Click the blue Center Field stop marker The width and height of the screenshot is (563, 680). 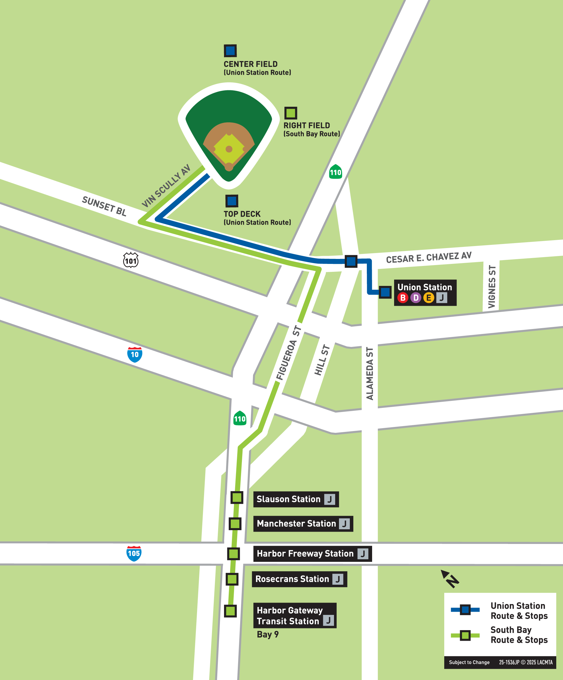pos(230,51)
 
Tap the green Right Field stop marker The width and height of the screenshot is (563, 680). pos(291,113)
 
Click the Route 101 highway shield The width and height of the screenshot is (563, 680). pos(131,260)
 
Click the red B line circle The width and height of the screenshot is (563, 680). pos(403,298)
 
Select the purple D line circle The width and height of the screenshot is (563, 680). pos(416,298)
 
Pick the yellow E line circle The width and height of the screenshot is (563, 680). pos(429,298)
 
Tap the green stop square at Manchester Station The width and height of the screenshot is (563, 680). pos(235,524)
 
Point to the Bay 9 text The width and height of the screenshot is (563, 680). pos(267,634)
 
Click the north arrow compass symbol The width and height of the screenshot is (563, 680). pos(450,579)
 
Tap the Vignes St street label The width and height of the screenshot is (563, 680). pos(491,286)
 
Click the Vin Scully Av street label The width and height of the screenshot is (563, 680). pos(166,186)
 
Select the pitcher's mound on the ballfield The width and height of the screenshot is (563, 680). pos(229,149)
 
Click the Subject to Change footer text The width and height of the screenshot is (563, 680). pos(469,662)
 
